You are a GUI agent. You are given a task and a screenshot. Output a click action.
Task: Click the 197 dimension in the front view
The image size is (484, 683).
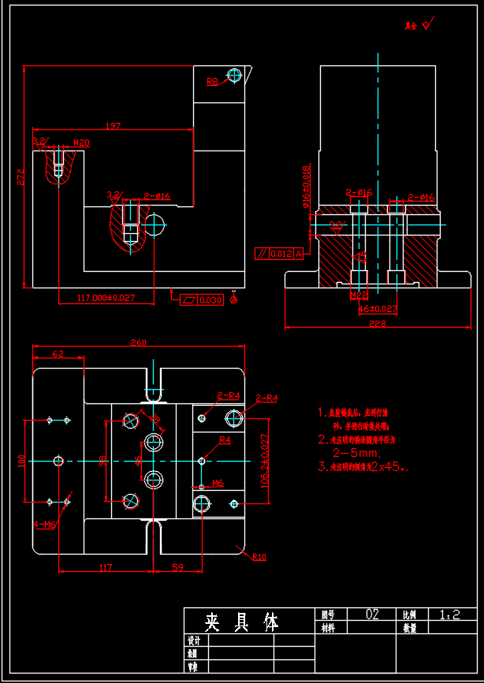pos(113,125)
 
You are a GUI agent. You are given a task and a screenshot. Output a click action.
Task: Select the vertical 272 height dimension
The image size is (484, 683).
pos(20,178)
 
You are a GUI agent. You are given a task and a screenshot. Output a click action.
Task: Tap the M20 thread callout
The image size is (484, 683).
pos(81,143)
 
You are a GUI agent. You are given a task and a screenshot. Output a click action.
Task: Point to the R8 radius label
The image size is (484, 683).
pos(213,81)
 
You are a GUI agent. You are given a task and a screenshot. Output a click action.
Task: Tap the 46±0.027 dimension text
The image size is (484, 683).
pos(378,310)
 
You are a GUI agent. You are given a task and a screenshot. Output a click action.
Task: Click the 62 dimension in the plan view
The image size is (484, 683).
pos(58,354)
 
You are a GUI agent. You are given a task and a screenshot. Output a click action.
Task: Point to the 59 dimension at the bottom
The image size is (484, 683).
pos(177,566)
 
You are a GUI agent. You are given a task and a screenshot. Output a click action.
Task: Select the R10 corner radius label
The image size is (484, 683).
pos(259,557)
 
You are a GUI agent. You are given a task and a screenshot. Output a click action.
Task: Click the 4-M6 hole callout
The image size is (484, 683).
pos(44,524)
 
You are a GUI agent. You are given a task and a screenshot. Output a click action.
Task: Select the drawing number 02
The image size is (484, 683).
pos(373,614)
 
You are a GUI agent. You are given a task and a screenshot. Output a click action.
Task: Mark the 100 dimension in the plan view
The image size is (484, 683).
pos(23,460)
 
